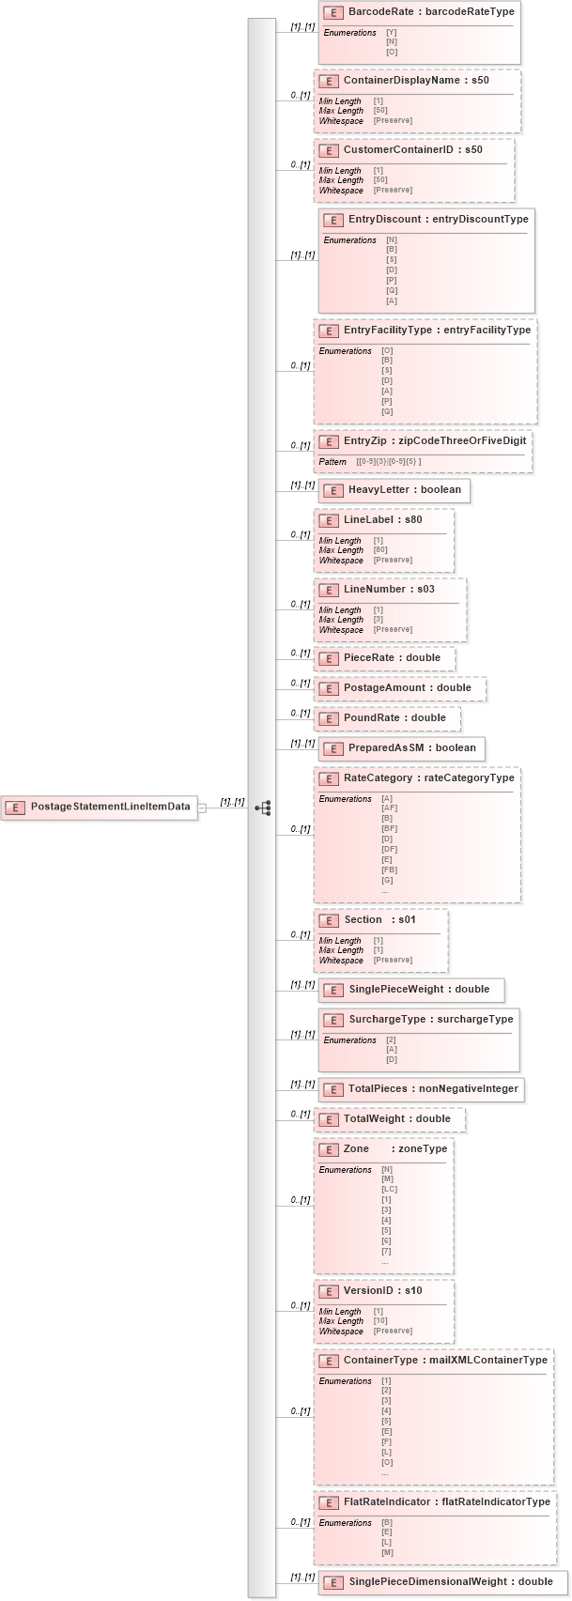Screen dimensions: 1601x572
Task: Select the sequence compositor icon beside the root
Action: [263, 808]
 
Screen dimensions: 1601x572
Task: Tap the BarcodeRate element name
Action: [430, 12]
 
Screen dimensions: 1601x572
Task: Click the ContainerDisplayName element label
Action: [415, 81]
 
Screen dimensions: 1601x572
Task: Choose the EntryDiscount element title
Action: [438, 219]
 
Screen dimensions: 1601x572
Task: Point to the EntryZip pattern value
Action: [389, 462]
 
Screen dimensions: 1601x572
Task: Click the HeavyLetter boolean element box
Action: [394, 490]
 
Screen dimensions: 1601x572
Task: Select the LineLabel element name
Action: [382, 520]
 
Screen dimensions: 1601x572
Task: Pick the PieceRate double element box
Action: [384, 658]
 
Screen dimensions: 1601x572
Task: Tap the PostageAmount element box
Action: [399, 688]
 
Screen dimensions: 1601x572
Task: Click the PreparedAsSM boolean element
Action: [401, 748]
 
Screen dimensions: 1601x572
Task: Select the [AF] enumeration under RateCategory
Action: [389, 808]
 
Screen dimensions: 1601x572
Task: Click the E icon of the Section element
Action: [328, 920]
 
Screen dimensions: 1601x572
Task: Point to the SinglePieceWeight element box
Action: [410, 990]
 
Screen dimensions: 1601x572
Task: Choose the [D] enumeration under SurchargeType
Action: [392, 1059]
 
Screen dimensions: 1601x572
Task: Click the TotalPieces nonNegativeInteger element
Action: [420, 1089]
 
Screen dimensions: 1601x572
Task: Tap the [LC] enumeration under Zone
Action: [389, 1189]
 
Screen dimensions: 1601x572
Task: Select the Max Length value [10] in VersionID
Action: [380, 1321]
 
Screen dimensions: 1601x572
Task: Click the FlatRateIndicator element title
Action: [446, 1501]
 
